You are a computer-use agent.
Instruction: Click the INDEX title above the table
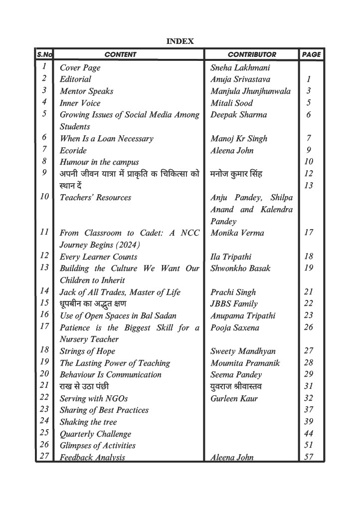coord(180,41)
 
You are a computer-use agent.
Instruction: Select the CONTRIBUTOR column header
coord(252,54)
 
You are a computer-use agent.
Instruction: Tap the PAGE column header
coord(311,54)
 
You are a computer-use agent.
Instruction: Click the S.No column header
coord(44,54)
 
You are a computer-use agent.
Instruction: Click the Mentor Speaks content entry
coord(86,91)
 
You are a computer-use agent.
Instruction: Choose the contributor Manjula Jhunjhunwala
coord(250,91)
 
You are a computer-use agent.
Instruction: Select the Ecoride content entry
coord(73,150)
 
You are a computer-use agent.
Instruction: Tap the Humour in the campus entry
coord(99,162)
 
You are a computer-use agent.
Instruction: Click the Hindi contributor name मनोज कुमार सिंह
coord(236,174)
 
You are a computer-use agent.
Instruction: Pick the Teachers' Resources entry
coord(95,198)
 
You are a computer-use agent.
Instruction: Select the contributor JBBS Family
coord(234,304)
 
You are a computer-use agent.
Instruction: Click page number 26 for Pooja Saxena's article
coord(309,328)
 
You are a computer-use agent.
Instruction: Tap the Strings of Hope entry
coord(87,351)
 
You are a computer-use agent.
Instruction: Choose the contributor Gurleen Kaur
coord(233,399)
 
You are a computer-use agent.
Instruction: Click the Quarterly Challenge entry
coord(95,434)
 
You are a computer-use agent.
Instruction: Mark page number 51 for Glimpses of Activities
coord(309,446)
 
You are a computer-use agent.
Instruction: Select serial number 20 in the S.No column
coord(44,374)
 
